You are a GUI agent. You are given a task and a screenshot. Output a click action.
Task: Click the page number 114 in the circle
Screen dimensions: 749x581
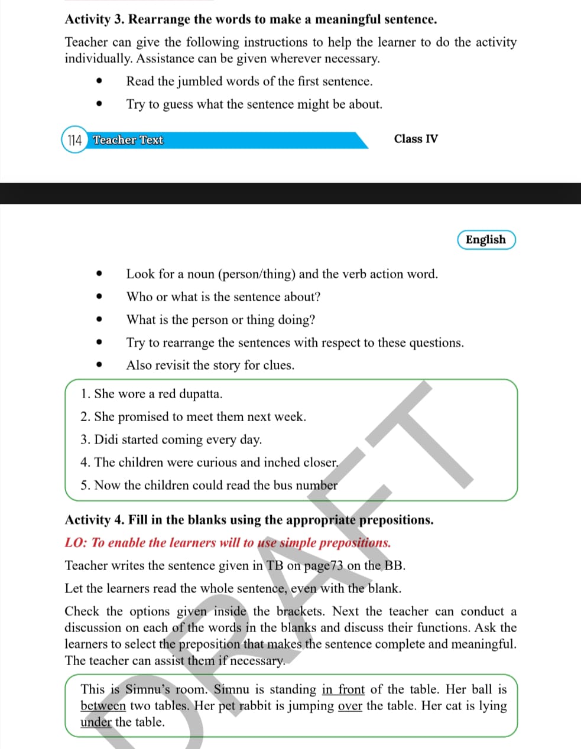(74, 141)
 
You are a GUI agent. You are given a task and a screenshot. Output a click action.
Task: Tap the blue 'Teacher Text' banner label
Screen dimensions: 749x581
(128, 140)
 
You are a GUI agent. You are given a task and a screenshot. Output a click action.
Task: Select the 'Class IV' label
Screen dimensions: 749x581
(416, 139)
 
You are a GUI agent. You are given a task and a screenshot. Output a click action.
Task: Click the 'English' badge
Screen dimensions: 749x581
(486, 240)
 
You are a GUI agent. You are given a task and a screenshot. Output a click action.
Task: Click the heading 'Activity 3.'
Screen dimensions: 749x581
(95, 19)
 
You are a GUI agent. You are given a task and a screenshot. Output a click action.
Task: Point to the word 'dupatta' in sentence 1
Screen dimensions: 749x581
(200, 394)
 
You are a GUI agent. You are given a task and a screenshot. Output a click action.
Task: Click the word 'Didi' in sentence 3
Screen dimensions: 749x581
(106, 439)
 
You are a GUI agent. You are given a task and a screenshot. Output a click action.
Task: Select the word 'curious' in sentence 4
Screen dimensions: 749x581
(216, 463)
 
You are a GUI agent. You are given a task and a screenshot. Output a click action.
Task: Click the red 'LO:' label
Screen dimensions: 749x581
(76, 543)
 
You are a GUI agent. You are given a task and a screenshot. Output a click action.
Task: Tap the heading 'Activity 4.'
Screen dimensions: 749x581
(95, 520)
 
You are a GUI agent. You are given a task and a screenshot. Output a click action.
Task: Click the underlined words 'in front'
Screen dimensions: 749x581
(343, 689)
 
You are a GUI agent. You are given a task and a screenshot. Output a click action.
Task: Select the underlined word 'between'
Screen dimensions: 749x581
(103, 706)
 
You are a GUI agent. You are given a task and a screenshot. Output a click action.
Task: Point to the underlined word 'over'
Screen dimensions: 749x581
(350, 706)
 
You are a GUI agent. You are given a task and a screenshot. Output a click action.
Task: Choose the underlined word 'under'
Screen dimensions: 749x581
(96, 722)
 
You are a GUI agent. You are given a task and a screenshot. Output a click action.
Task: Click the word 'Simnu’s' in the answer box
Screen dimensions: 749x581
(147, 689)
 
